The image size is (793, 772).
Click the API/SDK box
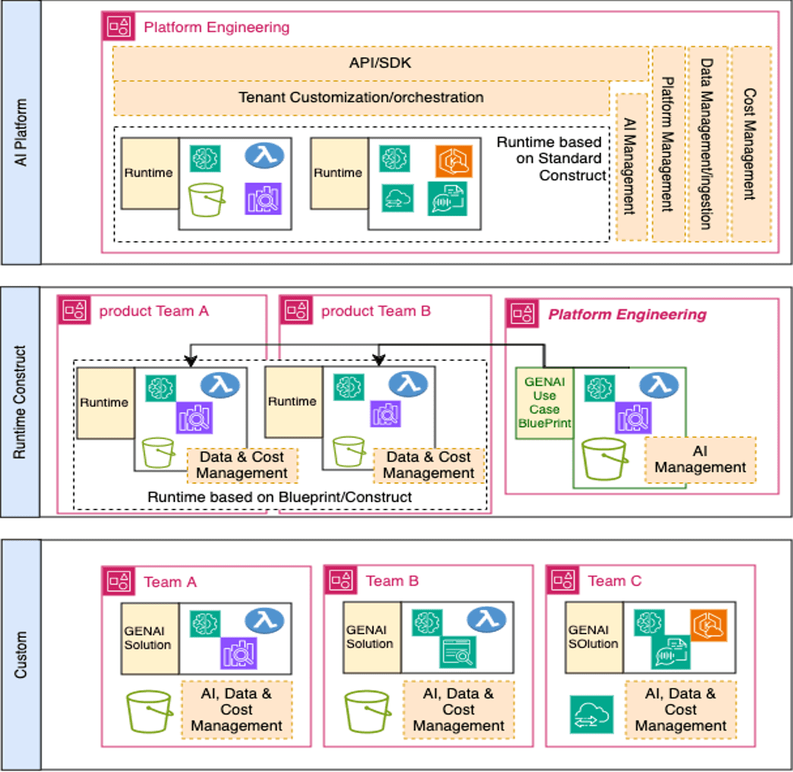pyautogui.click(x=380, y=63)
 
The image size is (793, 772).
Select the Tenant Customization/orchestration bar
pyautogui.click(x=361, y=98)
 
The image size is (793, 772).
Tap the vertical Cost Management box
pyautogui.click(x=751, y=144)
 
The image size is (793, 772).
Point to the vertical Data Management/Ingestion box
pyautogui.click(x=707, y=144)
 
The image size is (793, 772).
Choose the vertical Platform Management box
pyautogui.click(x=668, y=144)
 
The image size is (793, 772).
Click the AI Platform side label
pyautogui.click(x=21, y=132)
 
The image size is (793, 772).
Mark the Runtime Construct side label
pyautogui.click(x=21, y=402)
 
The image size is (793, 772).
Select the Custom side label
pyautogui.click(x=21, y=654)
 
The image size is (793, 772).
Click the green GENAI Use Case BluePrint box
pyautogui.click(x=545, y=402)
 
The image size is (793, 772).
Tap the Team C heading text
pyautogui.click(x=614, y=581)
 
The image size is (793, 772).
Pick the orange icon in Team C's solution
pyautogui.click(x=708, y=625)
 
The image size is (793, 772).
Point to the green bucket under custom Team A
pyautogui.click(x=149, y=710)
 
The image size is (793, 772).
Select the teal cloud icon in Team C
pyautogui.click(x=591, y=714)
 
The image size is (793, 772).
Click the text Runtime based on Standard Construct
pyautogui.click(x=549, y=158)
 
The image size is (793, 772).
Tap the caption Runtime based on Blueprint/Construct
pyautogui.click(x=280, y=497)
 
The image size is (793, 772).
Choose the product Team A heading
pyautogui.click(x=154, y=311)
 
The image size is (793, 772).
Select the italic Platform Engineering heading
pyautogui.click(x=627, y=315)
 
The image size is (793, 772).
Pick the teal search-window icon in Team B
pyautogui.click(x=457, y=651)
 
